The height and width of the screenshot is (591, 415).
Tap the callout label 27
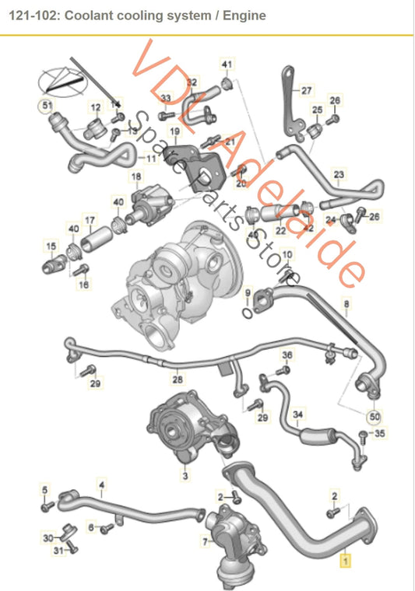point(306,89)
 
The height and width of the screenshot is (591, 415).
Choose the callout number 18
point(137,178)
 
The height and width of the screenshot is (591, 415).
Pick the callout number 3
point(185,474)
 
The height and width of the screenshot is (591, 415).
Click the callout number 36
point(287,355)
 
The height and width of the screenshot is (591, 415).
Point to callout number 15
point(51,247)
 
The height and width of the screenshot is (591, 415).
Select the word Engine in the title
point(243,16)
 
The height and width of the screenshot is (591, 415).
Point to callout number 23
point(339,174)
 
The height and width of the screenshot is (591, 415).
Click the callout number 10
point(288,254)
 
